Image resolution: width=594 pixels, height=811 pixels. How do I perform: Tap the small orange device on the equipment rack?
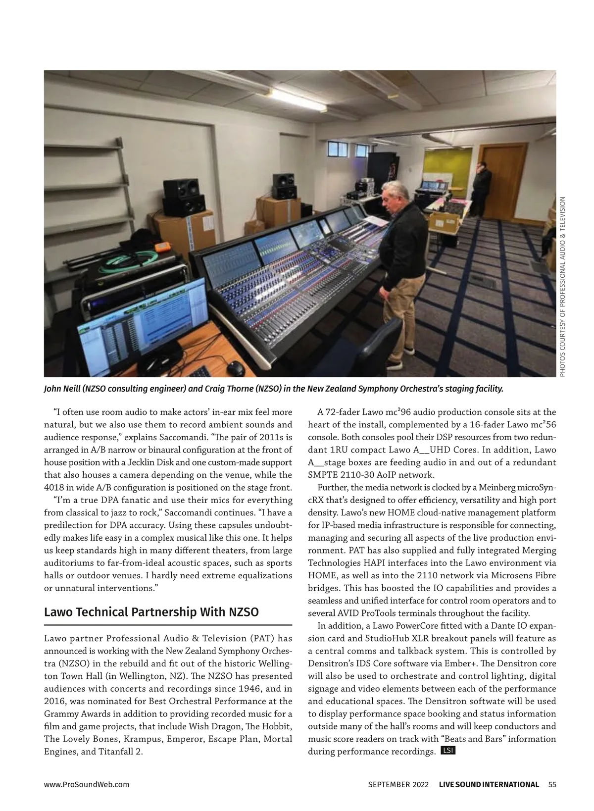[x=161, y=247]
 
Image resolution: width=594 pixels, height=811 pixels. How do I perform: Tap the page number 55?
[x=552, y=784]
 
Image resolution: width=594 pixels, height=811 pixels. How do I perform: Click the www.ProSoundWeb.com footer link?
[x=87, y=784]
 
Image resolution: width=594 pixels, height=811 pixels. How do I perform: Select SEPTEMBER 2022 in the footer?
[x=395, y=784]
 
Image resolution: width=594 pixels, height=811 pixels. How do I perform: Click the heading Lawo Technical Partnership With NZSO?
[x=151, y=612]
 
